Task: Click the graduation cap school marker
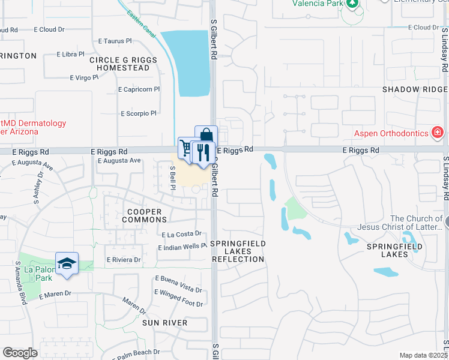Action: click(67, 264)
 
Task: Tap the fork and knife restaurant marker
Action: click(204, 152)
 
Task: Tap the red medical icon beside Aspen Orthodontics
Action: click(438, 132)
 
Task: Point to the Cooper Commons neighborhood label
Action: click(144, 216)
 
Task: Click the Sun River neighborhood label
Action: click(165, 323)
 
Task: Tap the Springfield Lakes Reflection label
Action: click(237, 251)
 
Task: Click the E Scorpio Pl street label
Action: click(139, 113)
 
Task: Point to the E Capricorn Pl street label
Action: click(139, 89)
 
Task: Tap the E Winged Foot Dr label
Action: click(178, 298)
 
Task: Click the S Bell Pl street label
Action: click(172, 178)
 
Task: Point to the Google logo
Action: click(20, 353)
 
